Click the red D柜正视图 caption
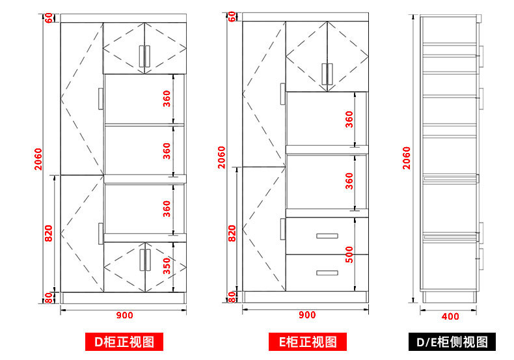[124, 342]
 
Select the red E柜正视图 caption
[308, 342]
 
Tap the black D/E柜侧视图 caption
[452, 342]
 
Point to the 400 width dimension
[450, 316]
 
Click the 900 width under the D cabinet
[124, 316]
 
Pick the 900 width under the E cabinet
[307, 315]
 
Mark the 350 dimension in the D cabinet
[167, 266]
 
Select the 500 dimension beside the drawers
[349, 255]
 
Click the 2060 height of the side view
[407, 158]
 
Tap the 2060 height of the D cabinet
[38, 159]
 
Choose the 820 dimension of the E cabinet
[232, 234]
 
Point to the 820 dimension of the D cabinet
[49, 234]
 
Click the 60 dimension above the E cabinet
[232, 17]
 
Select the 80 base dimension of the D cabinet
[49, 298]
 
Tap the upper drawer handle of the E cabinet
[327, 236]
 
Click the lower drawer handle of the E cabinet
[327, 273]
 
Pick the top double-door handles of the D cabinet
[144, 56]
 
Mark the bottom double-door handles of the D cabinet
[145, 260]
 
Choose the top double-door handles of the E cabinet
[327, 74]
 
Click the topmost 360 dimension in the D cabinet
[167, 99]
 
